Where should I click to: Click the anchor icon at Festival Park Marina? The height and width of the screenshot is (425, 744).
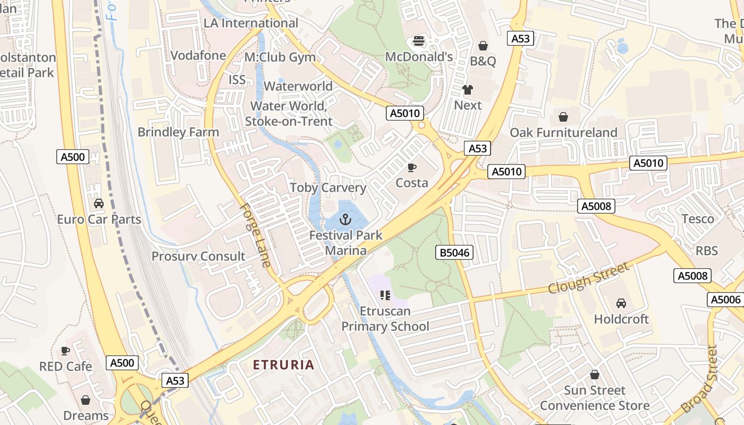click(x=346, y=219)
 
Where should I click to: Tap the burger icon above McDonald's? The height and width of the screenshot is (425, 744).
click(x=419, y=41)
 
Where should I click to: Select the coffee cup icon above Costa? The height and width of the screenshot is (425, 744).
click(x=411, y=168)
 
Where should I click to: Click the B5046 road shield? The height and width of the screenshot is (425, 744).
click(x=455, y=252)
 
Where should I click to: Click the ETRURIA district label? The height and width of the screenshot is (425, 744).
click(x=284, y=365)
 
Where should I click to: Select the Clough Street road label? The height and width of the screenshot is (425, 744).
click(x=588, y=278)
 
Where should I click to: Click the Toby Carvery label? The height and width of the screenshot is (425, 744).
click(x=328, y=188)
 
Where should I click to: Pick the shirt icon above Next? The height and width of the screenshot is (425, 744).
click(x=468, y=89)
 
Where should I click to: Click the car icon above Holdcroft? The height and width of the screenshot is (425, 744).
click(x=621, y=303)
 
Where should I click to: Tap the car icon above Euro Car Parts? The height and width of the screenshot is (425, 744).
click(x=99, y=203)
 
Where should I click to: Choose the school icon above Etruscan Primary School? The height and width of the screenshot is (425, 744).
click(x=385, y=295)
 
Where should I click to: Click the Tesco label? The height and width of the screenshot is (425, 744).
click(x=698, y=219)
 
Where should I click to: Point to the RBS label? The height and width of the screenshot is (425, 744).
click(x=707, y=251)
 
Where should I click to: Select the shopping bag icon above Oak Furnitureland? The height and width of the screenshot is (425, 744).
click(x=563, y=116)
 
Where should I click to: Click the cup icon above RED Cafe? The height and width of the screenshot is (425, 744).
click(x=65, y=351)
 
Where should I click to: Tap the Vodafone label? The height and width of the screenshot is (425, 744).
click(x=198, y=55)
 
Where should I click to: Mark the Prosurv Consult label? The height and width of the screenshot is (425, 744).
click(x=199, y=256)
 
